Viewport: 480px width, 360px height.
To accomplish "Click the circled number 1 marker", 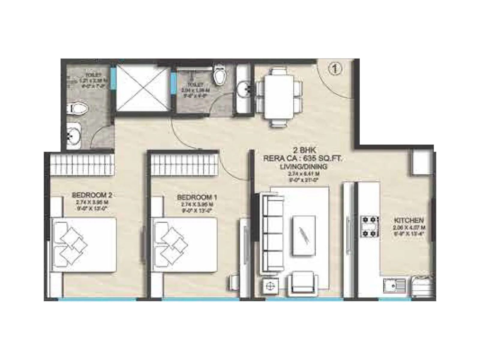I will click(336, 69).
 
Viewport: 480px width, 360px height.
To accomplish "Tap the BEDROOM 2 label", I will click(92, 195).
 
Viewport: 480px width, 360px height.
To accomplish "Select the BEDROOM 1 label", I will click(197, 197).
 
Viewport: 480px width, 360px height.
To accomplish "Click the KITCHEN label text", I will click(409, 220).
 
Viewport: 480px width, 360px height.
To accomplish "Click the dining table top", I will click(279, 96).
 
